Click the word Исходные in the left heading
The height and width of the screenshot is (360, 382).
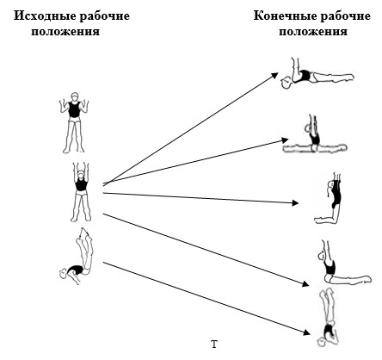(x=45, y=16)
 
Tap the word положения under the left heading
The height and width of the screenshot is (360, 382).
(x=65, y=31)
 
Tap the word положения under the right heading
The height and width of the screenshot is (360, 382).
(x=313, y=31)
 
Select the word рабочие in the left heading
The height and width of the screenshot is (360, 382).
(x=105, y=16)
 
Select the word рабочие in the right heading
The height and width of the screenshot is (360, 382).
(x=345, y=16)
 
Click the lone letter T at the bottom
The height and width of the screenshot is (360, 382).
(x=214, y=344)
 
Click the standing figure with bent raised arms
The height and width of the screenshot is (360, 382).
(x=74, y=122)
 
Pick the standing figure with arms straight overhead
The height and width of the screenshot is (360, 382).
(x=81, y=192)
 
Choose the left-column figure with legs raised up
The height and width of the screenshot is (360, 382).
(x=77, y=256)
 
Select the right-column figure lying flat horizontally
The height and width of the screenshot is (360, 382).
(x=317, y=74)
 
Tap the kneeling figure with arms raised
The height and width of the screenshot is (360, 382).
(x=329, y=198)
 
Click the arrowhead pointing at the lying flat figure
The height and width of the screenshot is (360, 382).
(x=274, y=76)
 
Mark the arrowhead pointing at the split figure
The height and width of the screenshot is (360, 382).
(x=285, y=140)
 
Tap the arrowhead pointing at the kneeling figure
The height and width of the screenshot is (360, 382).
(x=295, y=203)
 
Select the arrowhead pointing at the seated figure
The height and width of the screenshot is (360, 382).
(x=305, y=283)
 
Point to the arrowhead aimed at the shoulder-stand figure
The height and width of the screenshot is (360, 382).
(x=306, y=332)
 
